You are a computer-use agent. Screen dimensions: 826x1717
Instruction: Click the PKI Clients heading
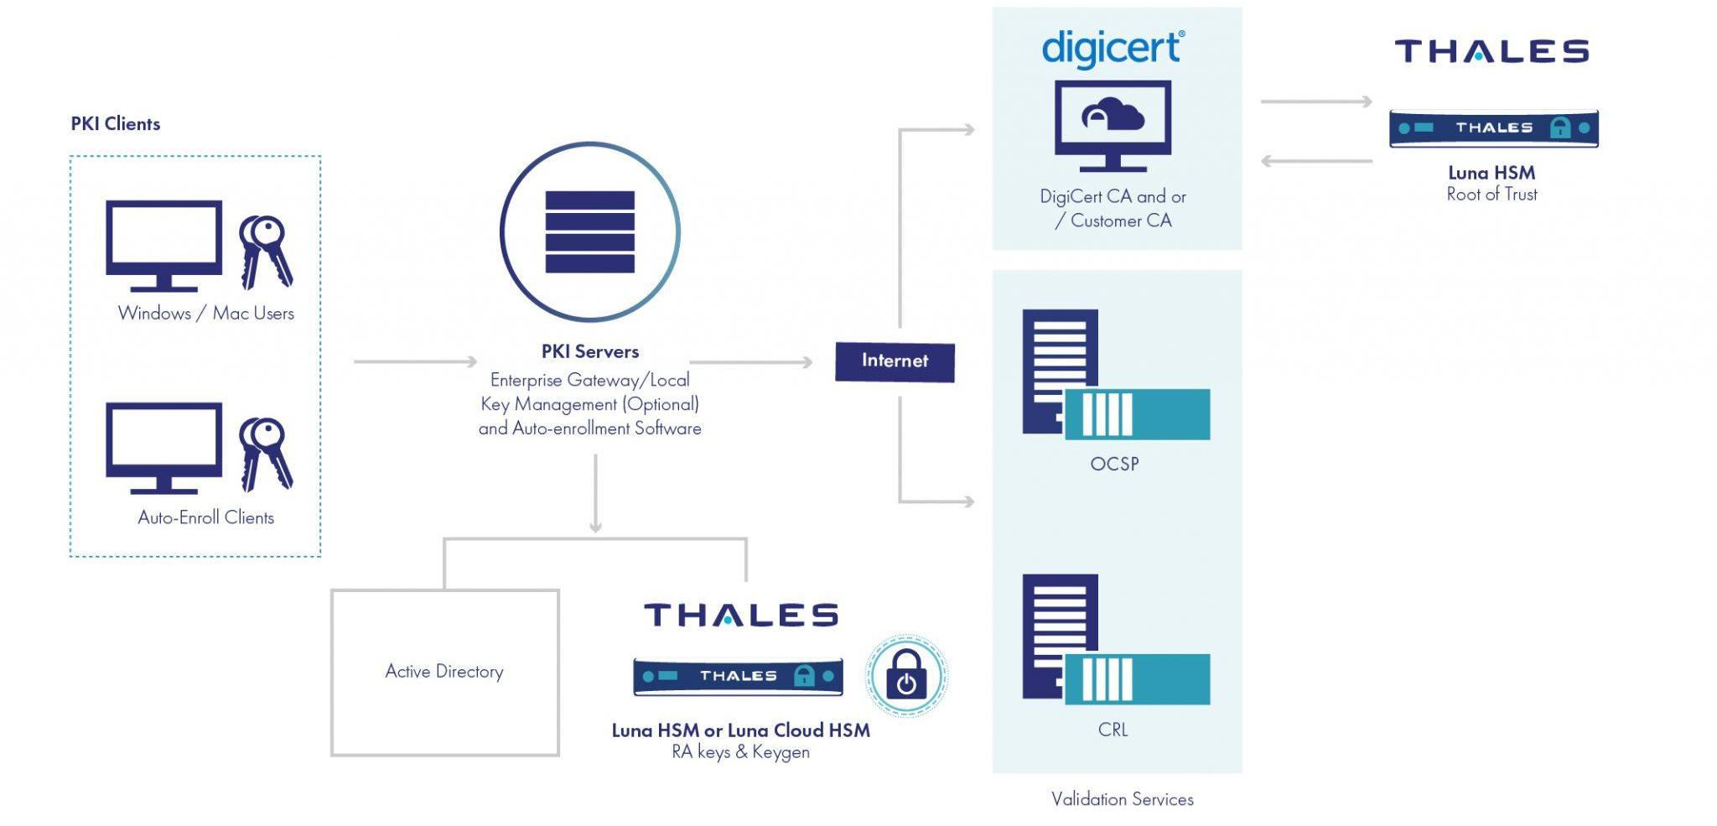(x=115, y=124)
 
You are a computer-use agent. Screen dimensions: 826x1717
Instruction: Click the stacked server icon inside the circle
(x=589, y=232)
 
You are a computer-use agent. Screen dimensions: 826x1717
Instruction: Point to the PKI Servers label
(x=589, y=351)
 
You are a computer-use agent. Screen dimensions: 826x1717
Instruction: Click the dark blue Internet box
(x=895, y=361)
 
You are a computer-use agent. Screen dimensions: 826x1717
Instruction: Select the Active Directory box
(x=444, y=672)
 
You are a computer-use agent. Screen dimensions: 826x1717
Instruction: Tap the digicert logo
(x=1113, y=48)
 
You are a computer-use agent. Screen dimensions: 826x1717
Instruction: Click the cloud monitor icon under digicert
(x=1113, y=124)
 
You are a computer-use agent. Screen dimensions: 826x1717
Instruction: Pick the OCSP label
(x=1114, y=464)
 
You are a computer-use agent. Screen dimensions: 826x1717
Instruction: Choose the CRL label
(x=1113, y=730)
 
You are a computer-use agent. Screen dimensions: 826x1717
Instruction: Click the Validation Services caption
(x=1122, y=799)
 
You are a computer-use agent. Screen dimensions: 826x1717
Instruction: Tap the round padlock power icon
(x=905, y=676)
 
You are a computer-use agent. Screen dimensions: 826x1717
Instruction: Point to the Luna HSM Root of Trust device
(x=1493, y=128)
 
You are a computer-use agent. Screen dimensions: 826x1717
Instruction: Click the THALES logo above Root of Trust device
(x=1491, y=51)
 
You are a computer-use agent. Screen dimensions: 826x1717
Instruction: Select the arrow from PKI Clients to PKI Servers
(x=415, y=361)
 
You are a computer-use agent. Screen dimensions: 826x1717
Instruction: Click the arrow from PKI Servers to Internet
(x=750, y=362)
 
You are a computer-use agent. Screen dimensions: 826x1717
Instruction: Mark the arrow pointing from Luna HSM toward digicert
(x=1316, y=161)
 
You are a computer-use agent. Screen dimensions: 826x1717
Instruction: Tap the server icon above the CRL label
(x=1115, y=639)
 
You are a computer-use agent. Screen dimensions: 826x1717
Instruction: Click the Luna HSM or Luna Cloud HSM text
(x=740, y=730)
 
